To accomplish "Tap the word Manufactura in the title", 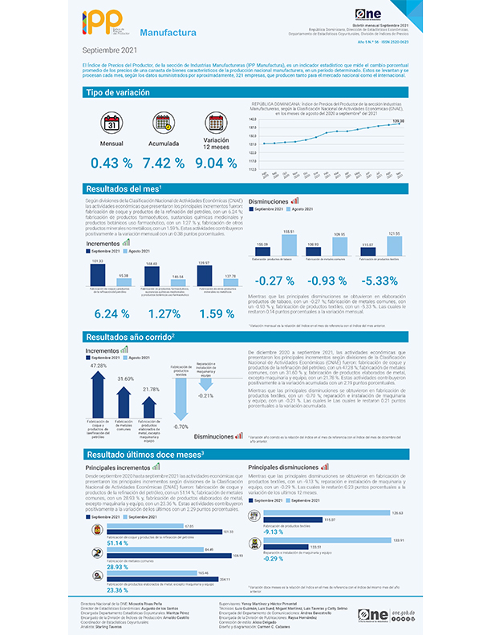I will click(168, 33).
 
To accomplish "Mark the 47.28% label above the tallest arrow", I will click(99, 365).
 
